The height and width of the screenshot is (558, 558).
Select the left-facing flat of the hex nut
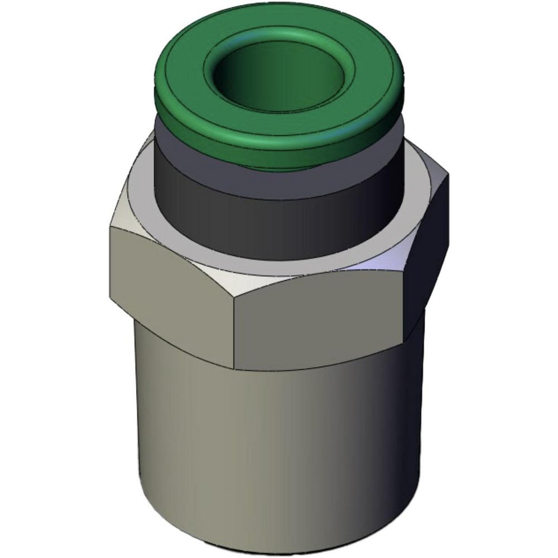(167, 296)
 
